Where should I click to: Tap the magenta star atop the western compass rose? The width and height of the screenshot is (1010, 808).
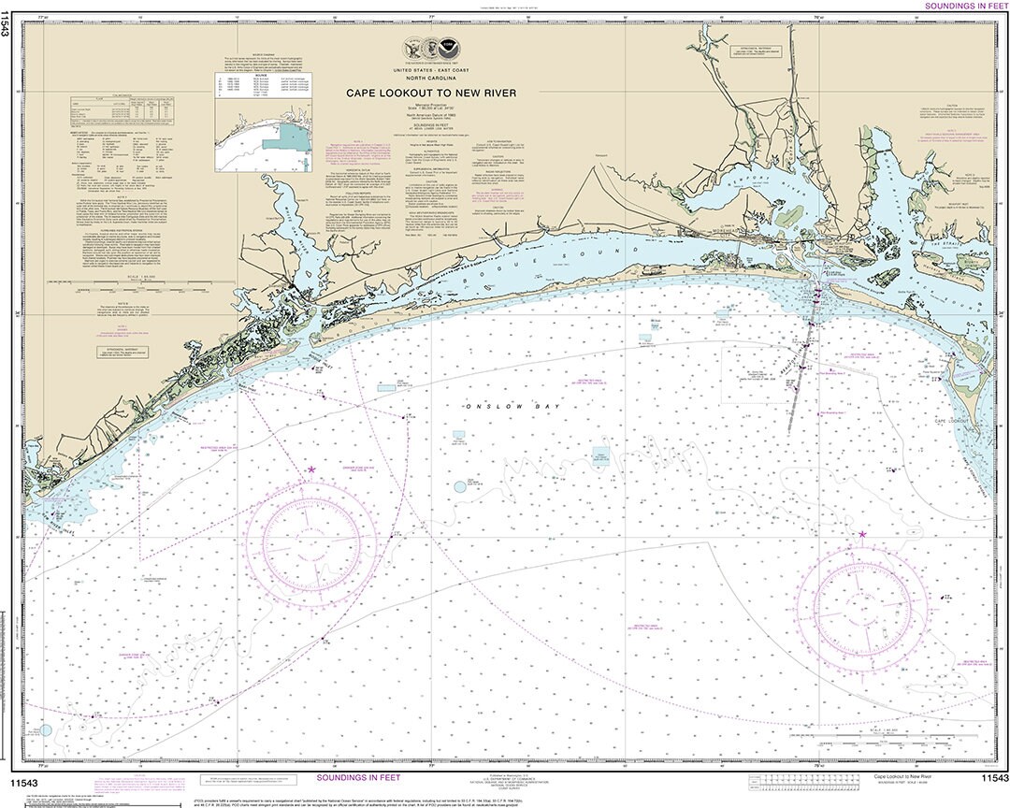click(311, 470)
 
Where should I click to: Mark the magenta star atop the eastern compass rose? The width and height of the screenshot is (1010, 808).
click(861, 534)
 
